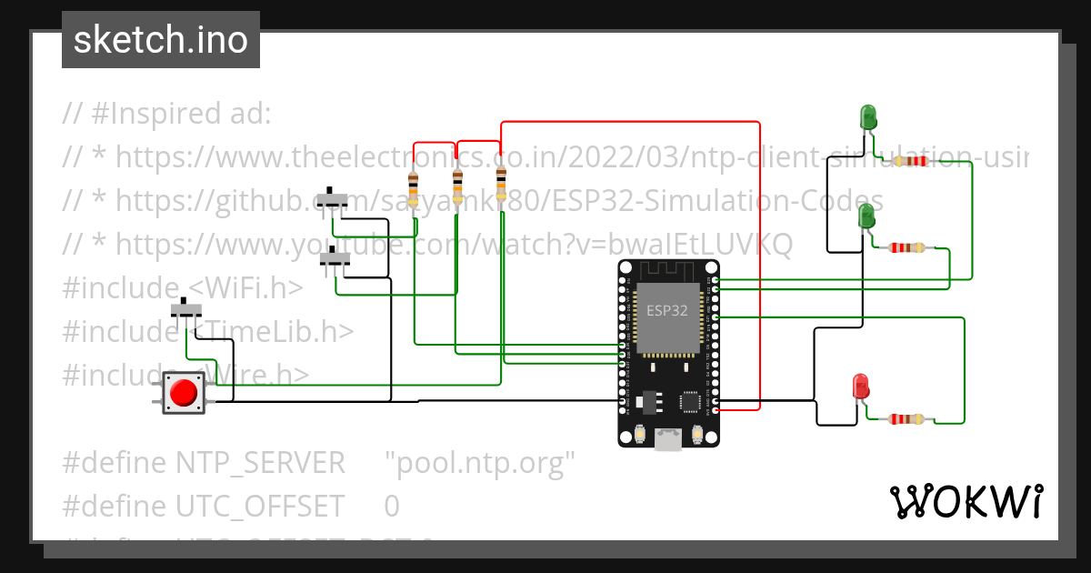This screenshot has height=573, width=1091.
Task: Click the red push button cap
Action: point(184,393)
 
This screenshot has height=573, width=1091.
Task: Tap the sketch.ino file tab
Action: point(161,40)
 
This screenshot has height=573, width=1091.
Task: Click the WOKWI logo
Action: point(966,501)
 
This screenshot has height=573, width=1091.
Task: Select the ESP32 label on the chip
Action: point(666,310)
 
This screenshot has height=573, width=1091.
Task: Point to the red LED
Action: point(860,386)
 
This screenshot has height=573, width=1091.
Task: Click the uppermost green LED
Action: point(868,116)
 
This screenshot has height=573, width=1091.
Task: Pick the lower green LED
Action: point(867,216)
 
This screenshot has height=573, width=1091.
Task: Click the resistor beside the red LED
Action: point(906,419)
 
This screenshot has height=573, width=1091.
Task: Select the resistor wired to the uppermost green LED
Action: point(911,161)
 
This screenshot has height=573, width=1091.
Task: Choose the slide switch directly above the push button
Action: point(187,309)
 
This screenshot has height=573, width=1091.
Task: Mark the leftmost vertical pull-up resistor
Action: point(414,188)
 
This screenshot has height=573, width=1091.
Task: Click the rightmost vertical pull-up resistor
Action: point(501,182)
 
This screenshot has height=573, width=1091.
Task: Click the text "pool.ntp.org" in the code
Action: point(480,463)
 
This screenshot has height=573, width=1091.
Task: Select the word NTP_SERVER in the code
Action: point(260,463)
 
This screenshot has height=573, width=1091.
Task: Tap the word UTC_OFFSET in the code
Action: point(260,505)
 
